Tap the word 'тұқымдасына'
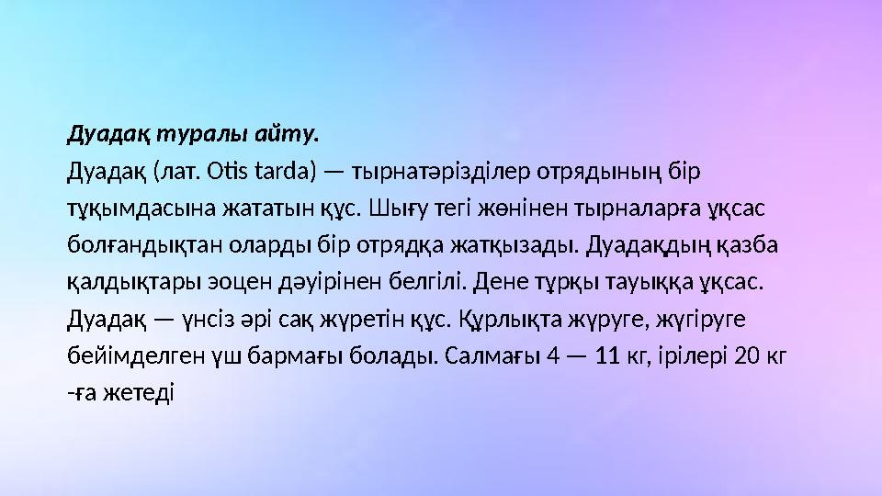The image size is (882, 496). [x=130, y=209]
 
